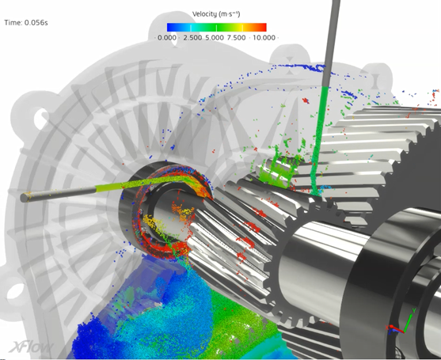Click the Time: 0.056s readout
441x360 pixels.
click(x=26, y=23)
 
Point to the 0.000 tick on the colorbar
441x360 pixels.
click(x=167, y=37)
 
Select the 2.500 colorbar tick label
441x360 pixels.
click(x=192, y=37)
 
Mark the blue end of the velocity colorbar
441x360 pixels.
click(x=161, y=26)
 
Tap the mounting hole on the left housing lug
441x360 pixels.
click(x=36, y=121)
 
